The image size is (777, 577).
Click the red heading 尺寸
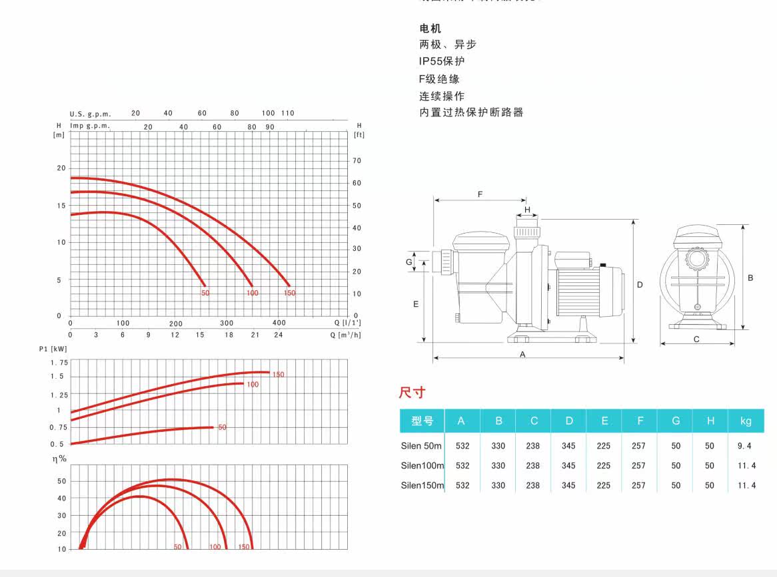(412, 393)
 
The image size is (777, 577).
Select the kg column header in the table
(746, 421)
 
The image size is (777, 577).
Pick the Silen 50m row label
(421, 446)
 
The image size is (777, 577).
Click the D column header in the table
(568, 421)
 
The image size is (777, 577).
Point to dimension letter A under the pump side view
(523, 354)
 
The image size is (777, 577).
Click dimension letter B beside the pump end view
(750, 278)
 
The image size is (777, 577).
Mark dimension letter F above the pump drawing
(480, 194)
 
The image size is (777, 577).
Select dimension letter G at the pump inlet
(409, 262)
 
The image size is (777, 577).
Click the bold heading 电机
(430, 29)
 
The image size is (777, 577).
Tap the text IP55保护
(442, 61)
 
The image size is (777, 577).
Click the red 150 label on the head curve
(289, 293)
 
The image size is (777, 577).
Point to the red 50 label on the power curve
(223, 427)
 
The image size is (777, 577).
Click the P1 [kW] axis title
(53, 349)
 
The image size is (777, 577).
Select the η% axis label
(60, 459)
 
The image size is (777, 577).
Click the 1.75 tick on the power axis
(59, 362)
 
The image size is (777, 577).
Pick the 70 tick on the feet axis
(357, 160)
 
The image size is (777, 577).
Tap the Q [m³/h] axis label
(345, 335)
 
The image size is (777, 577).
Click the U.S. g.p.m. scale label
(90, 114)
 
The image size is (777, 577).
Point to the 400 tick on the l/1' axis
(279, 323)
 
